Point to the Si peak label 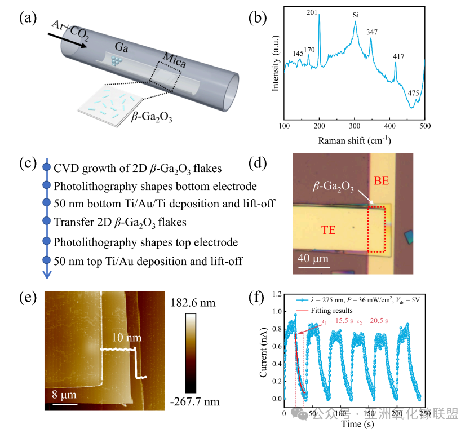point(356,15)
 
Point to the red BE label point(381,182)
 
